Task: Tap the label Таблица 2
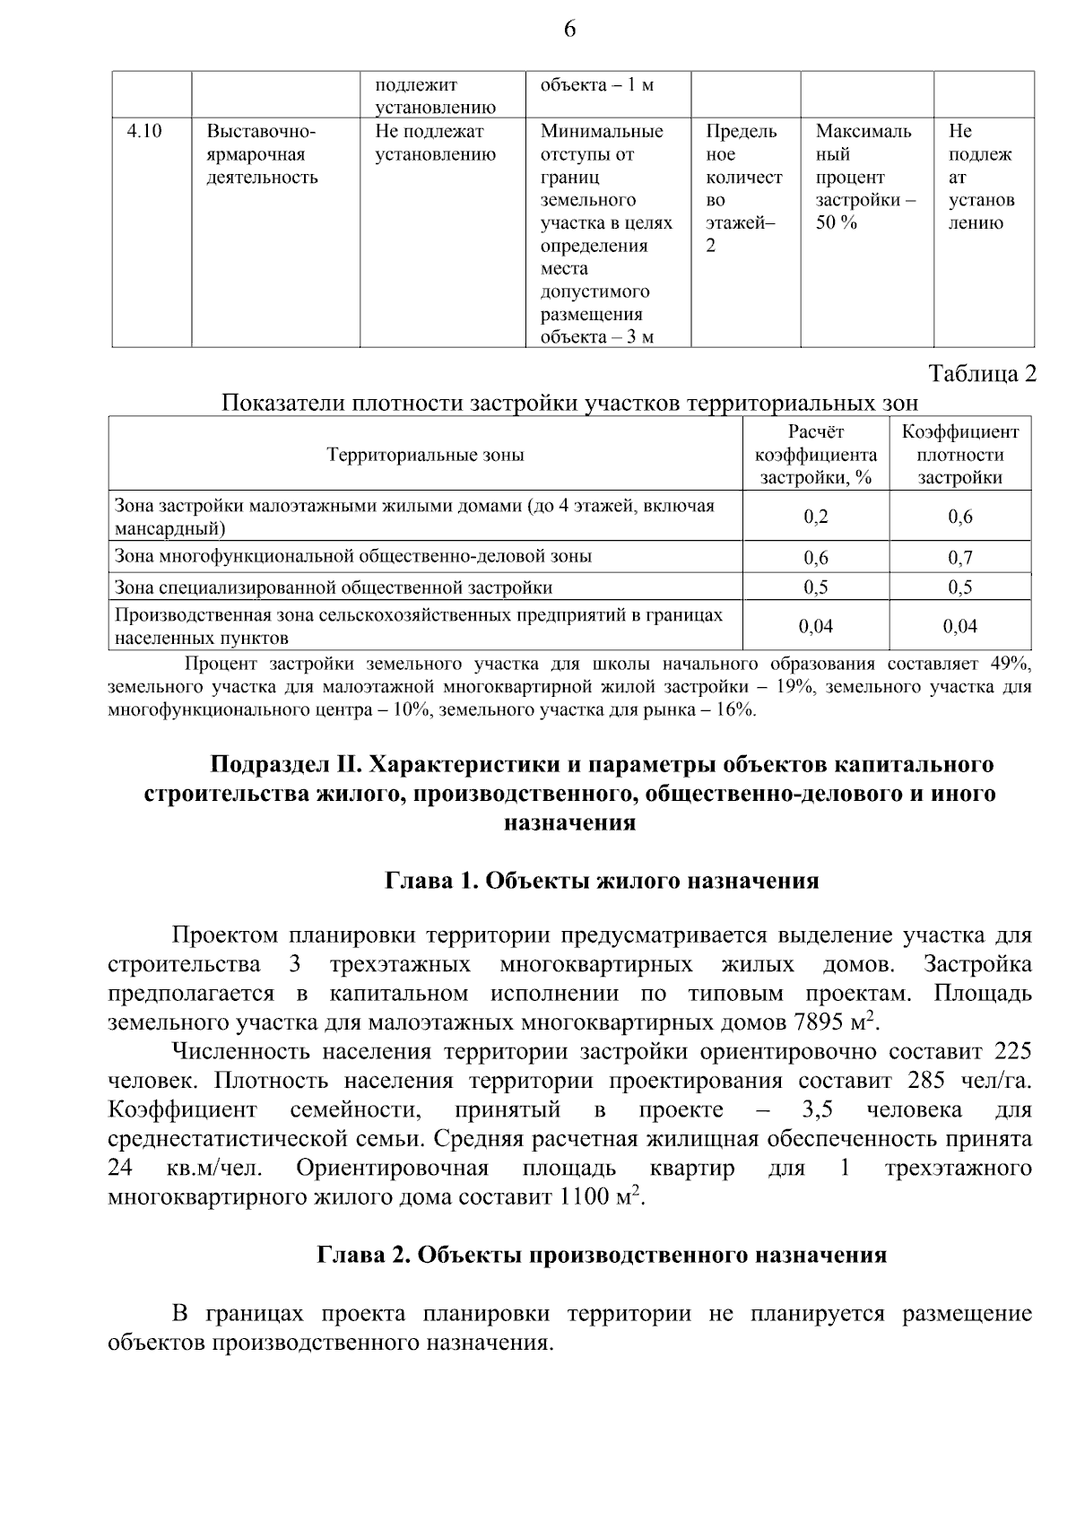982,374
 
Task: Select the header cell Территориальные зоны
425,455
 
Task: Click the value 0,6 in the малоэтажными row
959,517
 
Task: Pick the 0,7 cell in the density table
959,558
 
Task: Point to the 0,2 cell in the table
815,517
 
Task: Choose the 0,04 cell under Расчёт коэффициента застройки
815,627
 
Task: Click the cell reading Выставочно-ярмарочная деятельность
262,154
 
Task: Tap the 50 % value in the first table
836,223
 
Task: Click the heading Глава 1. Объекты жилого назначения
602,881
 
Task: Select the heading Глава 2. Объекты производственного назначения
602,1255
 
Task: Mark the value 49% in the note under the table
1011,665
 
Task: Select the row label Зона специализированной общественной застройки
334,588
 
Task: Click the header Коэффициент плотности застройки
959,455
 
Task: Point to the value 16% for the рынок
734,711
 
